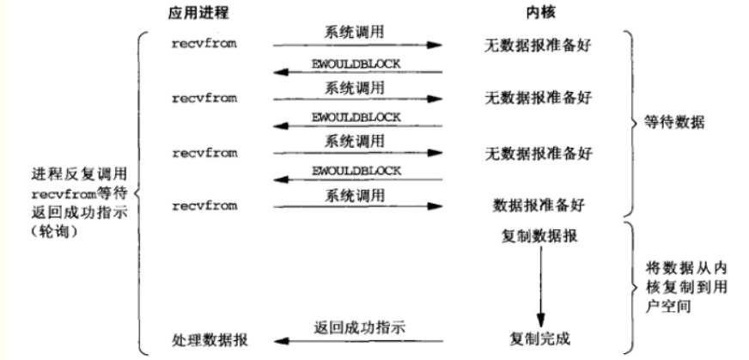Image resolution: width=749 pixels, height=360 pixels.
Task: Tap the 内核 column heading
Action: [x=538, y=15]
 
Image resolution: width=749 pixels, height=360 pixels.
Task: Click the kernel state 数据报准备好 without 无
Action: [x=538, y=206]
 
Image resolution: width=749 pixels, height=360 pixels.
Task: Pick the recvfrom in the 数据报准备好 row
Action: [x=204, y=206]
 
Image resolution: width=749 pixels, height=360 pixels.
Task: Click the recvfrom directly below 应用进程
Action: [x=204, y=41]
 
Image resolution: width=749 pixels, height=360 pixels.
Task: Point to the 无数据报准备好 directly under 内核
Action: [x=538, y=41]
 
